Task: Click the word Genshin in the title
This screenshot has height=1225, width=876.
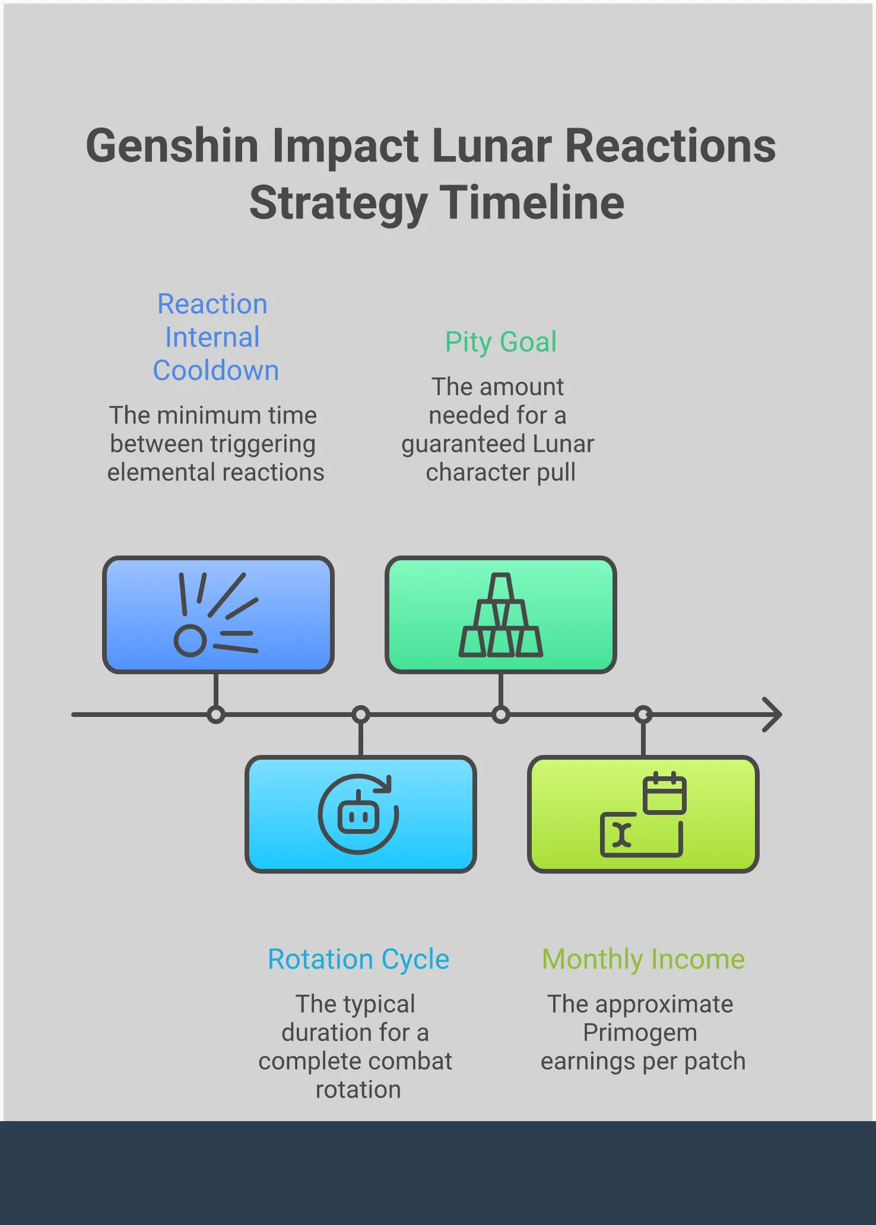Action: pos(172,146)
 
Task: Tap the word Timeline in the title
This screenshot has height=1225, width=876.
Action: pos(532,202)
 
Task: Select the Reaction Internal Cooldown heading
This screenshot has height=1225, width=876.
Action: pos(215,337)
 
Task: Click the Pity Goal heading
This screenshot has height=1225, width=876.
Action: pos(501,342)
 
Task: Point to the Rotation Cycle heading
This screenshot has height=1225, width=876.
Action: pos(358,959)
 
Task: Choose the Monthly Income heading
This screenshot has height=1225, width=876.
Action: pos(643,959)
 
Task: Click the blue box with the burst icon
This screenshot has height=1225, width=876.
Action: pos(218,615)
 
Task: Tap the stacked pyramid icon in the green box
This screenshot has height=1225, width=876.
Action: pos(501,615)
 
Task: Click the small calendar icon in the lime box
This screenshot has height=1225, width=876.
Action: pos(665,793)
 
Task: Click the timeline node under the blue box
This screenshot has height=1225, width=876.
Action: pos(216,715)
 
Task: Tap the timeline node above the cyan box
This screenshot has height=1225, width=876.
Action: pos(361,715)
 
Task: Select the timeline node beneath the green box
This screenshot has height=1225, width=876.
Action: pos(501,715)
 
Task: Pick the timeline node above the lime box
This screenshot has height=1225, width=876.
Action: pos(643,715)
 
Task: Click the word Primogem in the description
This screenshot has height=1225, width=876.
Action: pos(640,1033)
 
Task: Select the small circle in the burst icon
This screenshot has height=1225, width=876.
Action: pos(190,641)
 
